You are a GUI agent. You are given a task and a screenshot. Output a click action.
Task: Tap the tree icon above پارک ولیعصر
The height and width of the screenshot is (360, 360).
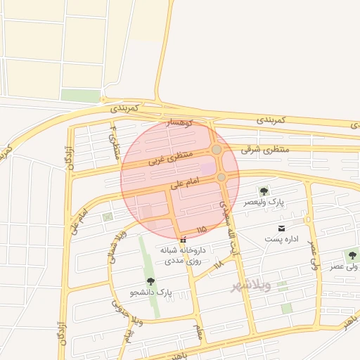coord(264,191)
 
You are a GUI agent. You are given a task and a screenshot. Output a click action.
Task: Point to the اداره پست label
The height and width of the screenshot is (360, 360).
coord(282,239)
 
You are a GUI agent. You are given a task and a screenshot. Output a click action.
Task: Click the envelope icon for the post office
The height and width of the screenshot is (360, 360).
coord(282,229)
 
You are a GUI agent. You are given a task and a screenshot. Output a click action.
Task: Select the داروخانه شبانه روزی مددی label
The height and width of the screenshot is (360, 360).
coord(183,255)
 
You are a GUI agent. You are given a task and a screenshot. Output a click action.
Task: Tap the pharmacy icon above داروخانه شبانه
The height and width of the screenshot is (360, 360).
coord(184,240)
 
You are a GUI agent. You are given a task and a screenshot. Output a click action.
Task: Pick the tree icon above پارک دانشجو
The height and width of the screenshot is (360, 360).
coord(150,281)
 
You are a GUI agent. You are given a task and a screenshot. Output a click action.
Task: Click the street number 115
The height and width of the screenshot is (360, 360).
coord(202,230)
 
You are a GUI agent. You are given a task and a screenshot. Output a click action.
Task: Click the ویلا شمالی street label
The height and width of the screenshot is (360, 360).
coord(116,246)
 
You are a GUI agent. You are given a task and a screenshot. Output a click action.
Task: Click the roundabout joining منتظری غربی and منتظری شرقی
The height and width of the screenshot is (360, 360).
coord(217,150)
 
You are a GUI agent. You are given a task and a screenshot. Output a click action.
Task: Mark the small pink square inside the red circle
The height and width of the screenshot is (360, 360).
coord(209,169)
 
